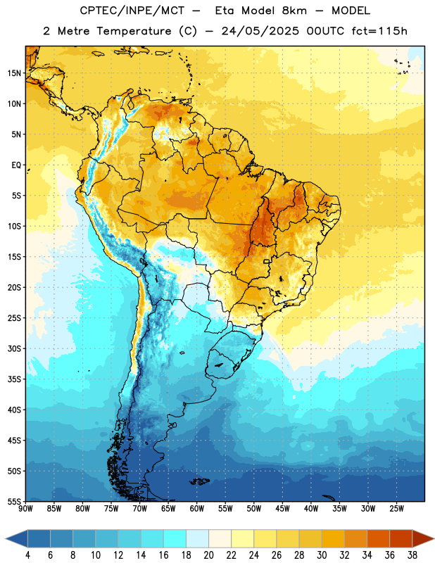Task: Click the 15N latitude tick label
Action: [14, 73]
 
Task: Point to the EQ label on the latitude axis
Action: [16, 165]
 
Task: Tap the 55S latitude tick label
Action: [14, 501]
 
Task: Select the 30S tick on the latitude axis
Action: [14, 348]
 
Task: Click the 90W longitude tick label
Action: [25, 509]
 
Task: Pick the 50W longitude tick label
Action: [254, 509]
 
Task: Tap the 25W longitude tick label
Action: [396, 509]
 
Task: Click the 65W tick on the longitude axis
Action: [168, 509]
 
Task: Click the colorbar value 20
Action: [208, 555]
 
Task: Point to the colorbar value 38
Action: [412, 555]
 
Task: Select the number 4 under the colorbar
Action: [27, 555]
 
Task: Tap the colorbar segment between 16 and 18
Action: [175, 538]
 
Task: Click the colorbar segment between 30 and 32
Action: [334, 538]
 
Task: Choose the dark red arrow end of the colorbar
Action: [422, 538]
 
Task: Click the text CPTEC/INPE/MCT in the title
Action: [132, 11]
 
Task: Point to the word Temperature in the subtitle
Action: [134, 31]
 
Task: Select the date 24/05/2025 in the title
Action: [260, 31]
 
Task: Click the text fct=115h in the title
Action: [379, 31]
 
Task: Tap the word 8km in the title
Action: [294, 11]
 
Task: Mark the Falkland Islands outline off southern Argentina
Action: [199, 481]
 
